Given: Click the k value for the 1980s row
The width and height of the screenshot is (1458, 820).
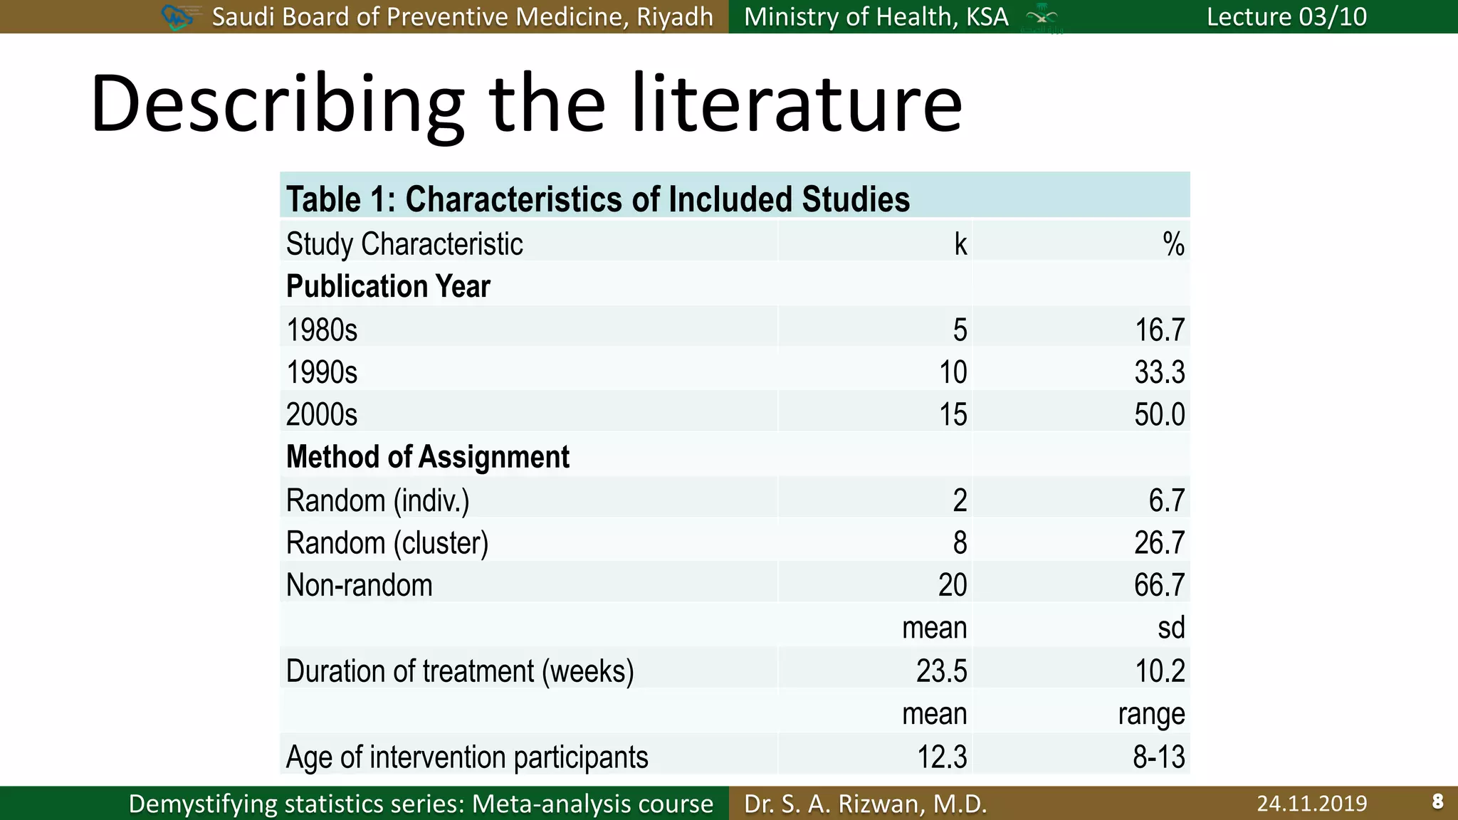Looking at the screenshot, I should (960, 330).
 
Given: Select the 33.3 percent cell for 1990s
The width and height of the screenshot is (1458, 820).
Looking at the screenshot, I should (1159, 372).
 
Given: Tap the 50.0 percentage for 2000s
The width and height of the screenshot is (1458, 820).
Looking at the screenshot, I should (1159, 414).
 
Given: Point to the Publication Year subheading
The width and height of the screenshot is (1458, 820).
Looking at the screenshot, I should (388, 286).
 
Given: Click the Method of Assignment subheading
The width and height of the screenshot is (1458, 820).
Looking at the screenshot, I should (427, 457).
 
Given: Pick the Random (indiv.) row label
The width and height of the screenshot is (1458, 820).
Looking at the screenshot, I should (377, 500).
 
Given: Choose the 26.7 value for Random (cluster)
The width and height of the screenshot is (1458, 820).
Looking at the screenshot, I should (1159, 543).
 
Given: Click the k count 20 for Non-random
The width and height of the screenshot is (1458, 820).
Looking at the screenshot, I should (952, 585).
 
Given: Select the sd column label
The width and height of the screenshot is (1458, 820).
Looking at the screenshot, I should (1171, 628).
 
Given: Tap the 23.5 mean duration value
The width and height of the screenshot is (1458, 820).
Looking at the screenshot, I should (941, 671).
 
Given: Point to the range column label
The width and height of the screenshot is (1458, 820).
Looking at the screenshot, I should (1151, 714).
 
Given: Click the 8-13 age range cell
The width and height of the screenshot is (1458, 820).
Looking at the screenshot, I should (1158, 757).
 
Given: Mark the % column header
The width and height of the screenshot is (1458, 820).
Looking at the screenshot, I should (1173, 244).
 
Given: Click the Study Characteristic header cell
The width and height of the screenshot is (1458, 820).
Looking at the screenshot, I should (404, 244).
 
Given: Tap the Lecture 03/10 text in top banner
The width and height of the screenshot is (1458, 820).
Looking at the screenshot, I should (1286, 16).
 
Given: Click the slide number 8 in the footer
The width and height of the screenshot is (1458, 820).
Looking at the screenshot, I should (1437, 802).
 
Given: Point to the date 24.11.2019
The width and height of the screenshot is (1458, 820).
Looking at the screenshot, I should (1311, 804).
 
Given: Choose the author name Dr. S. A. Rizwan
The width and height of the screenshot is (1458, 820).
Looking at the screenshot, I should (865, 804).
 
